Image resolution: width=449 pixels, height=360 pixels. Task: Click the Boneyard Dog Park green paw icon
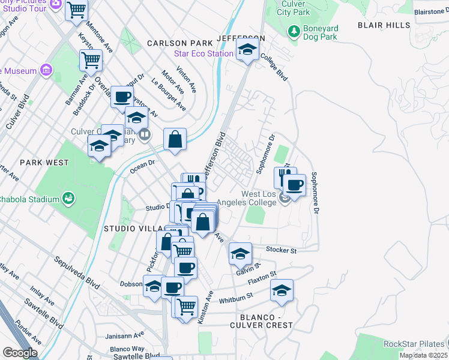(x=294, y=30)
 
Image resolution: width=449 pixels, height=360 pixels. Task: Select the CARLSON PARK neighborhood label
(x=180, y=43)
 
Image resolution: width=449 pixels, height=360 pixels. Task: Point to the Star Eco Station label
(x=203, y=53)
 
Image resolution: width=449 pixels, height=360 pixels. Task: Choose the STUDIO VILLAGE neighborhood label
(x=133, y=229)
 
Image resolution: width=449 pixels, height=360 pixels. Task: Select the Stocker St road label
(x=282, y=249)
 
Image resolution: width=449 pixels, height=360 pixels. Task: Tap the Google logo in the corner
(x=19, y=353)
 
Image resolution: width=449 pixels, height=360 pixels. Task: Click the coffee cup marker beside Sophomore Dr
(x=294, y=185)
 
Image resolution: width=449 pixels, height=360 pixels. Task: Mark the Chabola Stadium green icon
(x=68, y=199)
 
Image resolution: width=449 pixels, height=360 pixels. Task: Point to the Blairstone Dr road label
(x=431, y=11)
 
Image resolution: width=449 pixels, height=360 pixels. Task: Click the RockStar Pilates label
(x=413, y=344)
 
